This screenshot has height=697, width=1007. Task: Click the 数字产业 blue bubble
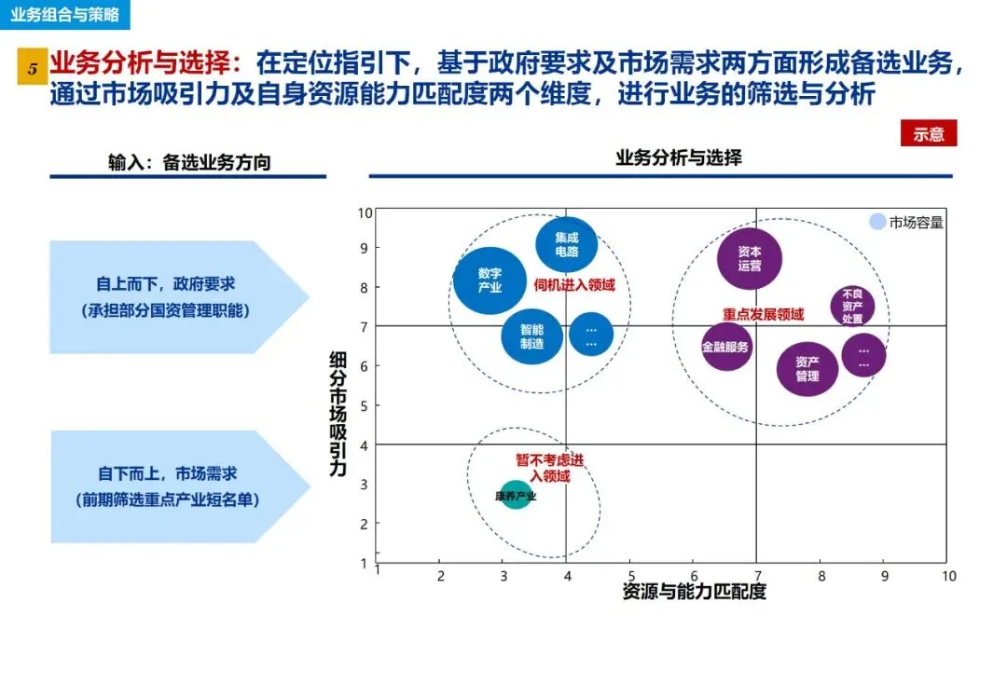pyautogui.click(x=490, y=280)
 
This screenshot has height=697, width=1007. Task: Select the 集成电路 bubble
pyautogui.click(x=566, y=244)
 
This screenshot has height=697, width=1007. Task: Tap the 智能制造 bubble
pyautogui.click(x=531, y=336)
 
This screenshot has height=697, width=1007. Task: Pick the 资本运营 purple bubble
pyautogui.click(x=750, y=258)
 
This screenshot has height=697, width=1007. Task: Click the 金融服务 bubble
pyautogui.click(x=725, y=347)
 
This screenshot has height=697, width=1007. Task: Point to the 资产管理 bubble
pyautogui.click(x=807, y=368)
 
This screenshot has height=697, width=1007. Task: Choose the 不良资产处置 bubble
pyautogui.click(x=852, y=306)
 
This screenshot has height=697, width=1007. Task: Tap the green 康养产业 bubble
pyautogui.click(x=515, y=496)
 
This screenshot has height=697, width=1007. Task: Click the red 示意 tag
pyautogui.click(x=929, y=134)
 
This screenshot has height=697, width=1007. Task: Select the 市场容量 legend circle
pyautogui.click(x=877, y=222)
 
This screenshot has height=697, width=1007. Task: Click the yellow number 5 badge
pyautogui.click(x=33, y=70)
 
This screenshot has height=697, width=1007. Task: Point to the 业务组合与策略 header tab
pyautogui.click(x=65, y=15)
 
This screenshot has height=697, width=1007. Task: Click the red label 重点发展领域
pyautogui.click(x=763, y=315)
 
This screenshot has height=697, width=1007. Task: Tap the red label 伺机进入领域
pyautogui.click(x=575, y=285)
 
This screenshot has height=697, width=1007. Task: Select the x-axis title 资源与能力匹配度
pyautogui.click(x=694, y=592)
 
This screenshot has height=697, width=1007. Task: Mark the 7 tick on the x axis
pyautogui.click(x=756, y=576)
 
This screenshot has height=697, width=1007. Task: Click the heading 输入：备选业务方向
pyautogui.click(x=189, y=162)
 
